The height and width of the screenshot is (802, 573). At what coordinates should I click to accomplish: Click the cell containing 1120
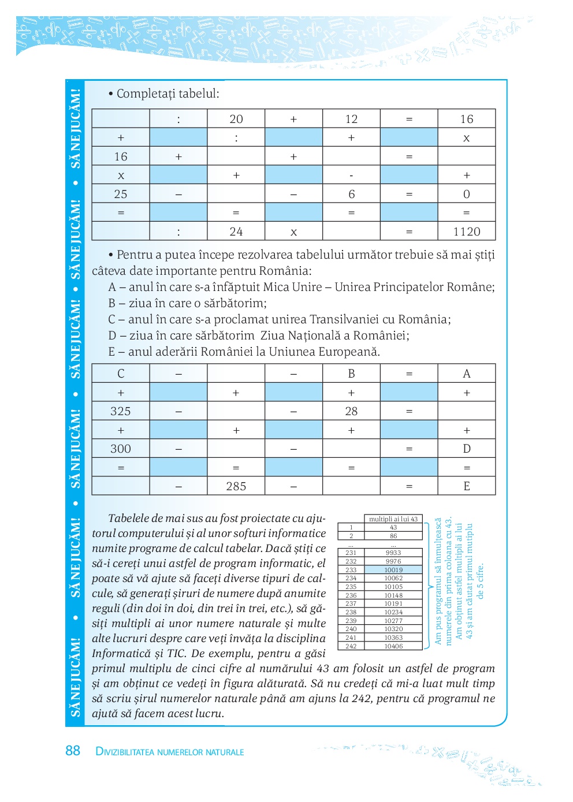(466, 232)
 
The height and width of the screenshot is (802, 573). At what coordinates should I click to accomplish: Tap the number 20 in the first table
(236, 119)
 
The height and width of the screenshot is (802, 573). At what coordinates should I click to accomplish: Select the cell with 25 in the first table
(121, 194)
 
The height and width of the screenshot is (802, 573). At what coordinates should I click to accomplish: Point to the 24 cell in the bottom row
(236, 232)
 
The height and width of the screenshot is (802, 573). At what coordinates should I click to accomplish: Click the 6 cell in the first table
(351, 194)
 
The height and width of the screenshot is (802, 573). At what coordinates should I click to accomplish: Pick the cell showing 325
(121, 411)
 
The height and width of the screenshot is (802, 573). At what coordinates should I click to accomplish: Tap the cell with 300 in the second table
(121, 449)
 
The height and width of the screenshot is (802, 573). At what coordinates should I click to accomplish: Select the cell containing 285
(236, 486)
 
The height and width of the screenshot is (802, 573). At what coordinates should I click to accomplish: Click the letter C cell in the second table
(121, 374)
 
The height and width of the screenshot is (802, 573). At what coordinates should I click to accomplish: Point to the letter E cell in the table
(466, 486)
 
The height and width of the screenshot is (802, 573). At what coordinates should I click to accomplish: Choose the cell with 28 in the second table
(351, 411)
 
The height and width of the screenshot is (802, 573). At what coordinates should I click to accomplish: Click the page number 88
(73, 751)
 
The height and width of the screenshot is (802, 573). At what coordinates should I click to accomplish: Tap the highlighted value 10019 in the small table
(393, 570)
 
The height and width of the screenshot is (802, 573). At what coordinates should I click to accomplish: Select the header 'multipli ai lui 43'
(393, 519)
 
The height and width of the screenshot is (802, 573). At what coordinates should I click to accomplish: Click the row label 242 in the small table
(351, 646)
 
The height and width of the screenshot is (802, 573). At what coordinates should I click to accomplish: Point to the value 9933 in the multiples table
(393, 553)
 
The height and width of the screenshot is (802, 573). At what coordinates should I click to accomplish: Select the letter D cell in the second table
(466, 449)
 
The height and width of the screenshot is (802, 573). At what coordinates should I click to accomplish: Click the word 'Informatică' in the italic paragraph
(122, 654)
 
